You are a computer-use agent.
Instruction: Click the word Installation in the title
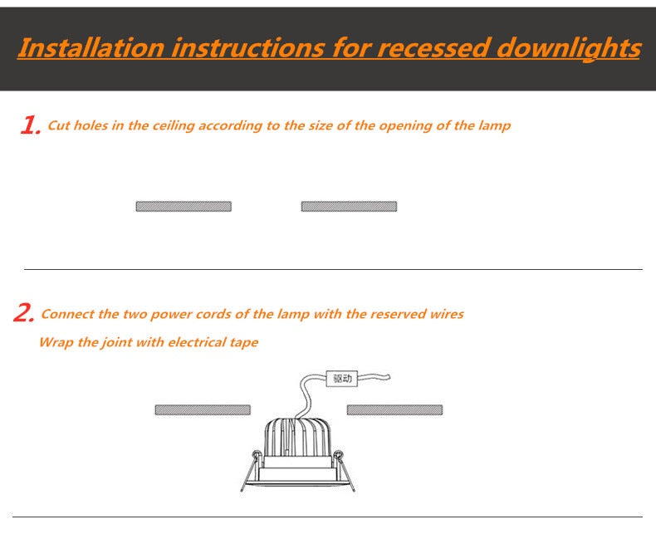[x=91, y=47]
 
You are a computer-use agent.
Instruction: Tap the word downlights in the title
[x=569, y=48]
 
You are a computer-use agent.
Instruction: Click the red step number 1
[x=31, y=125]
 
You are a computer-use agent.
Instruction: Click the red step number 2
[x=24, y=313]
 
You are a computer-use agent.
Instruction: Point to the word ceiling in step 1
[x=174, y=125]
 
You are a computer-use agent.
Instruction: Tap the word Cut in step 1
[x=59, y=125]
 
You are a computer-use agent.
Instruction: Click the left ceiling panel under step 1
[x=184, y=206]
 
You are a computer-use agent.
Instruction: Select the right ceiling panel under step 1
[x=349, y=206]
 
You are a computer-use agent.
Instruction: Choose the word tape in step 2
[x=244, y=342]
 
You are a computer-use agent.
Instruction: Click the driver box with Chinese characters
[x=342, y=379]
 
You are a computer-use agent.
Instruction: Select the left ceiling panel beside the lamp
[x=203, y=409]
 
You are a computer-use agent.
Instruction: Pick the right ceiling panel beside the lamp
[x=394, y=409]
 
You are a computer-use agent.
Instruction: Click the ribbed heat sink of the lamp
[x=298, y=438]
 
